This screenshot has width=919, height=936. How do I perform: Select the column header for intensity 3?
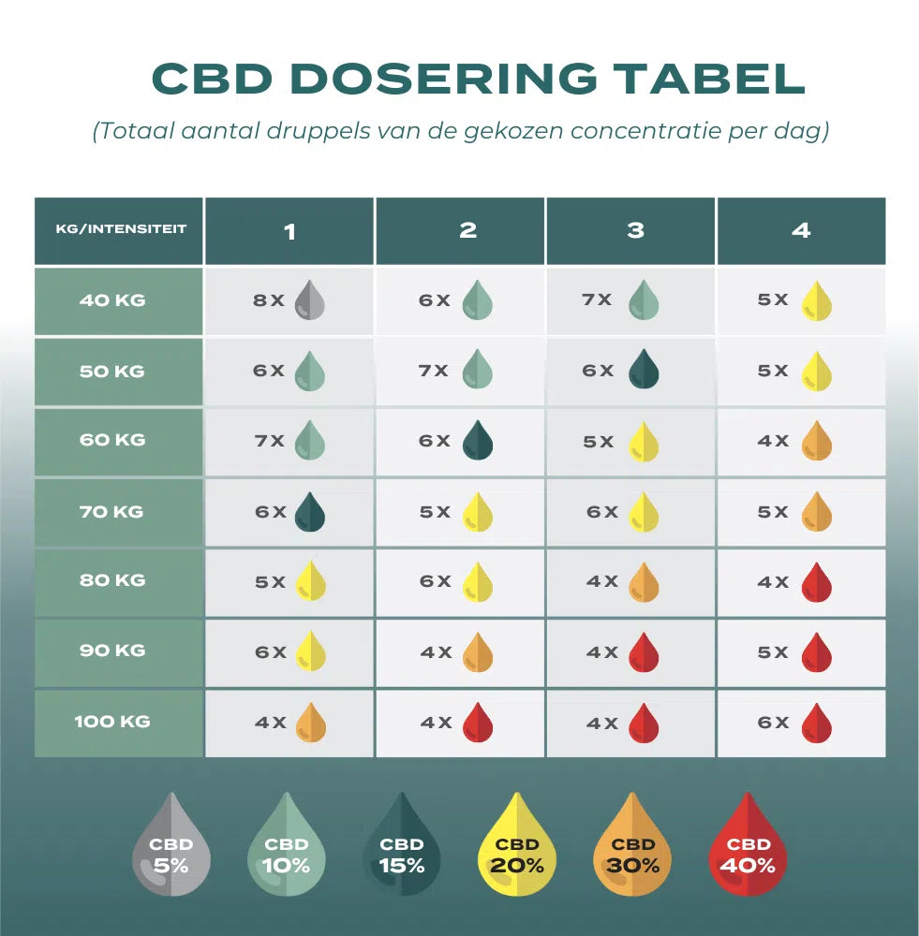pyautogui.click(x=635, y=230)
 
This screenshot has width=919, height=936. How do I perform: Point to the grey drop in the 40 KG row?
pyautogui.click(x=309, y=300)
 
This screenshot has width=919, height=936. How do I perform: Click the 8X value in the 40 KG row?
pyautogui.click(x=268, y=300)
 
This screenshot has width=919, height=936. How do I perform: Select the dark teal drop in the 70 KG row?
pyautogui.click(x=309, y=512)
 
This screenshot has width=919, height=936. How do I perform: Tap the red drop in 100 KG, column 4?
pyautogui.click(x=817, y=723)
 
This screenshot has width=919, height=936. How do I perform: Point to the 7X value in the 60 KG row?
pyautogui.click(x=269, y=441)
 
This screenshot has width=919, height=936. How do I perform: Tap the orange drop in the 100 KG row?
pyautogui.click(x=310, y=723)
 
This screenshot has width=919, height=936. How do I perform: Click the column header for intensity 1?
pyautogui.click(x=289, y=230)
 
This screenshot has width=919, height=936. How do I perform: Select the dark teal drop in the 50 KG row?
pyautogui.click(x=644, y=370)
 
